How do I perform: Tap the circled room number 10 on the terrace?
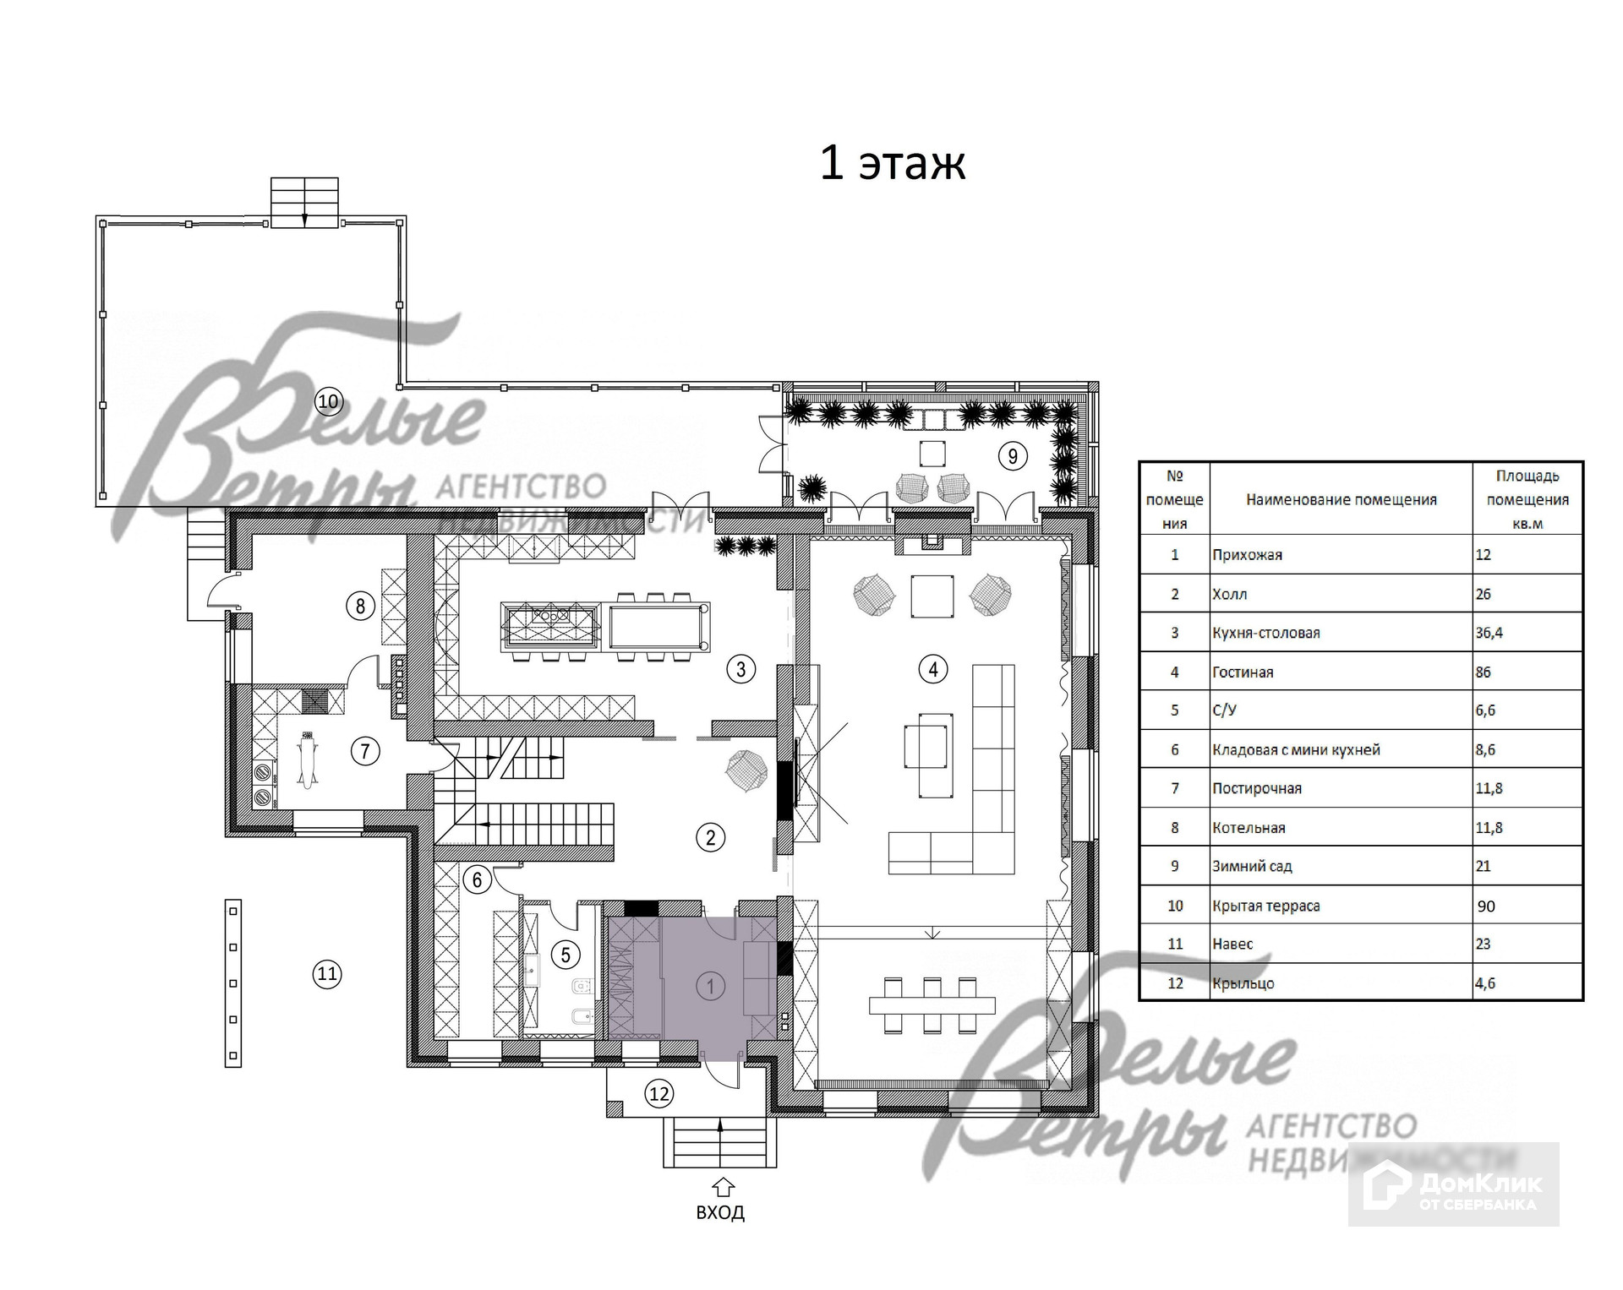pyautogui.click(x=328, y=401)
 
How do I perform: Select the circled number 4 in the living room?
pyautogui.click(x=933, y=670)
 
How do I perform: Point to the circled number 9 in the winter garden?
pyautogui.click(x=1012, y=456)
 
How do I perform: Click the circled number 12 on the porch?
pyautogui.click(x=659, y=1094)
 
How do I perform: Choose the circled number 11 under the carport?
pyautogui.click(x=327, y=974)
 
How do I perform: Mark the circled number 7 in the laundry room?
pyautogui.click(x=365, y=751)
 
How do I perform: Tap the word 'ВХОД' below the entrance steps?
pyautogui.click(x=720, y=1212)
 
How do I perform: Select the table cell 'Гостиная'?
pyautogui.click(x=1243, y=672)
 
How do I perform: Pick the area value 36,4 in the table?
pyautogui.click(x=1490, y=633)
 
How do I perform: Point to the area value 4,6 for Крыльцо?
pyautogui.click(x=1485, y=983)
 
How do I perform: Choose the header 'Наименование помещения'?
pyautogui.click(x=1341, y=499)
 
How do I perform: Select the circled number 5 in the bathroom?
pyautogui.click(x=566, y=955)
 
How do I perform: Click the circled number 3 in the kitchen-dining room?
pyautogui.click(x=741, y=670)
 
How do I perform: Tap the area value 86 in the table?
pyautogui.click(x=1484, y=672)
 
